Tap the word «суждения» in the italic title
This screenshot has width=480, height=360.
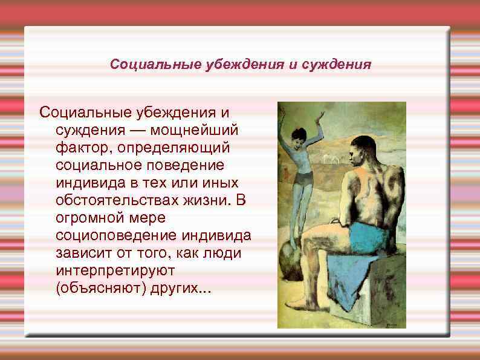(336, 64)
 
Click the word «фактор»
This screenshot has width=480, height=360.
(84, 148)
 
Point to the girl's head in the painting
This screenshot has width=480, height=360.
(298, 135)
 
